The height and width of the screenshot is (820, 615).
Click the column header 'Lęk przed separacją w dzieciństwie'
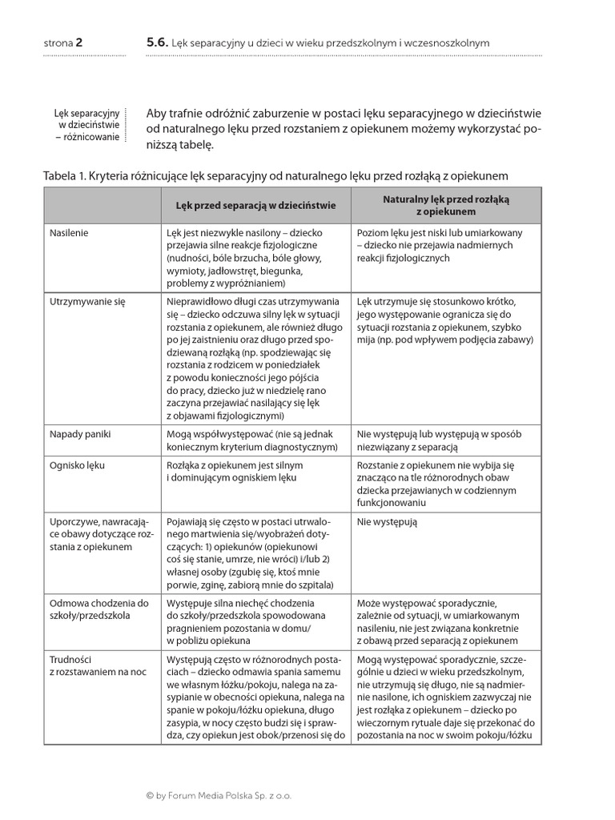pos(255,205)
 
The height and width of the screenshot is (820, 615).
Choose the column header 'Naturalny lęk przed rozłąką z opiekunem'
pos(445,205)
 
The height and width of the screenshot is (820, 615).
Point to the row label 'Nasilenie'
pos(69,233)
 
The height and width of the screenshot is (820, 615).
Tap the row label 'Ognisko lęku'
pos(77,465)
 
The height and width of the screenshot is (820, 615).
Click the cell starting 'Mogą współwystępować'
pos(251,440)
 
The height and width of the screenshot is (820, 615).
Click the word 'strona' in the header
pos(58,42)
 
